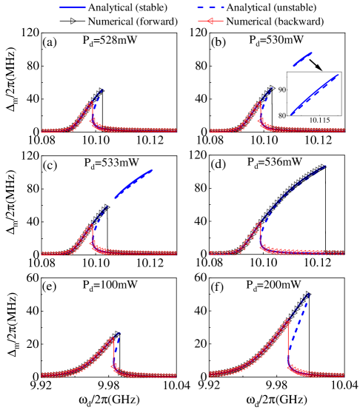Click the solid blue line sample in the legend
73,7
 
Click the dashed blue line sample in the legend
211,7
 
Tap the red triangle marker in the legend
210,21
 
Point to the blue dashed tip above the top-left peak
101,90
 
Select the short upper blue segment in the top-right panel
302,58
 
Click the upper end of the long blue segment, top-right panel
337,75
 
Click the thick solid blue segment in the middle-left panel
134,183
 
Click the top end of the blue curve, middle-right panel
326,167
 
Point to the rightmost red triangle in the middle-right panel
341,253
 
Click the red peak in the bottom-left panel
113,339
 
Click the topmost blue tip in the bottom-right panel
307,295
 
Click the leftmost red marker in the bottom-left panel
44,375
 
